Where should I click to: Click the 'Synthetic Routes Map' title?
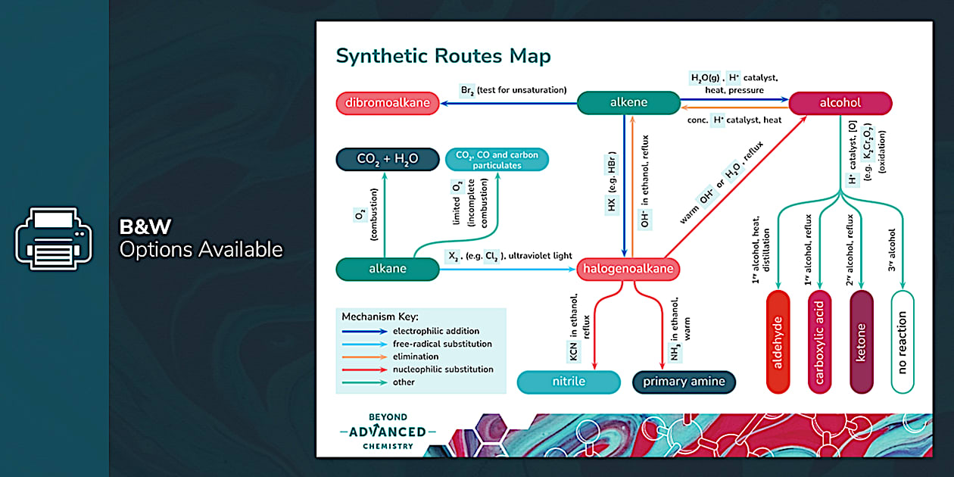click(x=443, y=56)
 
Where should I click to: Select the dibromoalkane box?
click(x=388, y=103)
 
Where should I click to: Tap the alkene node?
click(x=628, y=103)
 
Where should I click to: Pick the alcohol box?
click(x=840, y=103)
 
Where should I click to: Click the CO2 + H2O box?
click(x=388, y=159)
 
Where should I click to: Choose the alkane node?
click(x=388, y=269)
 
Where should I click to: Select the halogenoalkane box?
click(x=628, y=269)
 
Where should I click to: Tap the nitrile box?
click(x=569, y=382)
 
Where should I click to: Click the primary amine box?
click(x=684, y=382)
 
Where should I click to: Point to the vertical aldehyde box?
click(x=778, y=341)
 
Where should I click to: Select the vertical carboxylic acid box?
click(x=819, y=341)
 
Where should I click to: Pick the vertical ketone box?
click(x=861, y=341)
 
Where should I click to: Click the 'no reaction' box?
click(x=903, y=341)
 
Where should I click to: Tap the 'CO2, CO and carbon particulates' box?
click(x=497, y=159)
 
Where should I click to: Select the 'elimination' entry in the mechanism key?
click(x=415, y=357)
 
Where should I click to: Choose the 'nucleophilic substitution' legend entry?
click(x=442, y=369)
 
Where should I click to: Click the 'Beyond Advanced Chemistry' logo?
click(x=387, y=432)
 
